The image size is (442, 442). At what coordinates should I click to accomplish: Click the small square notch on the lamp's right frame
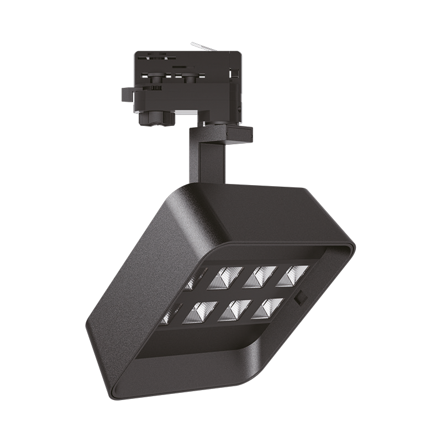click(x=302, y=297)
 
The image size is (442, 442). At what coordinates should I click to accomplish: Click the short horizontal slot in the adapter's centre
click(x=180, y=66)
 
